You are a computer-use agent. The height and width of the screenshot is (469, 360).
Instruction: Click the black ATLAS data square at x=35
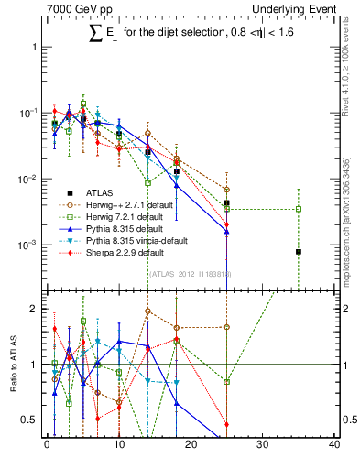coord(299,251)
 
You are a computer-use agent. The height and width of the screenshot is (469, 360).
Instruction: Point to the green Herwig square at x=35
coord(299,209)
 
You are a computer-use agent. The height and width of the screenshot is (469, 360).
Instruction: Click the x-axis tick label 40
coord(334,446)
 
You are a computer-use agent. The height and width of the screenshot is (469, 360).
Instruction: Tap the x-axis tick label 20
coord(191,446)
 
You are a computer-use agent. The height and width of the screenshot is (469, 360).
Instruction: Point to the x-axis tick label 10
coord(118,446)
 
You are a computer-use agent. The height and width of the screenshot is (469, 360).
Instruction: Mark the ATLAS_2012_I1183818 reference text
coord(190,275)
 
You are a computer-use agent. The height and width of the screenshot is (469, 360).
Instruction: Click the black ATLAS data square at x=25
coord(226,202)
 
